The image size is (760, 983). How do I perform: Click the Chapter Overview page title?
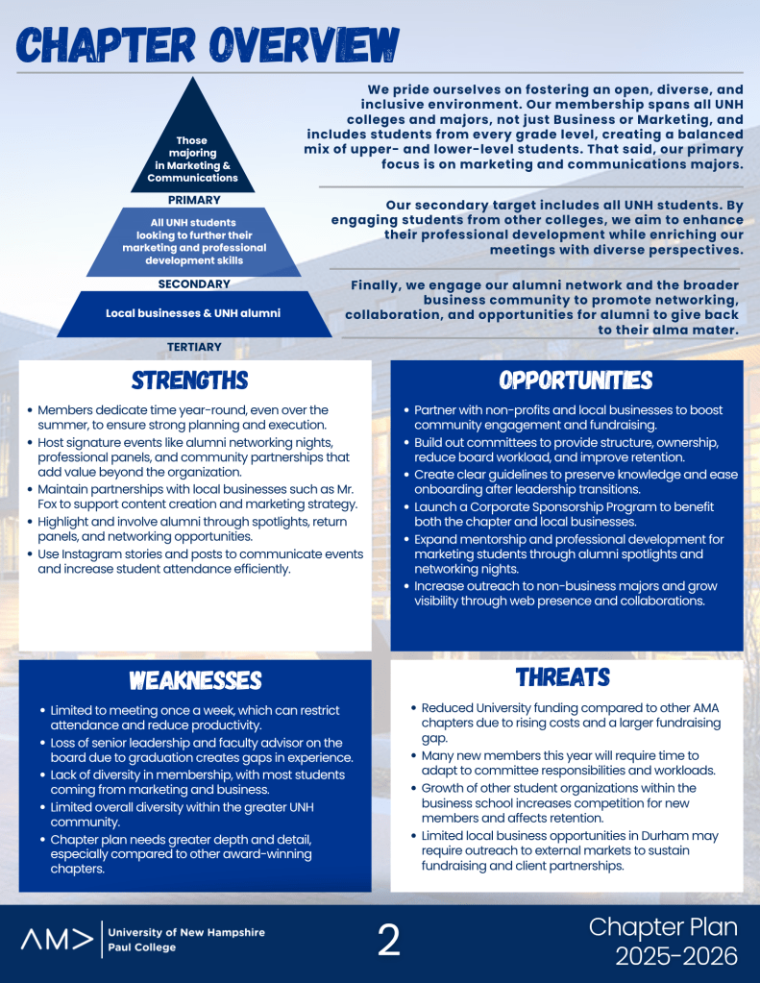[x=207, y=46]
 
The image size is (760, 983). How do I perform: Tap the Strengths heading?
[x=189, y=381]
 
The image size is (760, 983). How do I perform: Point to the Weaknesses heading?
[x=195, y=680]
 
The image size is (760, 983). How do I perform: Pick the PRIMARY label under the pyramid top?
[x=194, y=201]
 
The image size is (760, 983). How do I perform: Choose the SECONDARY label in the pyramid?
[x=194, y=284]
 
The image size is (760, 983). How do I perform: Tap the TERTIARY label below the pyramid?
[x=194, y=347]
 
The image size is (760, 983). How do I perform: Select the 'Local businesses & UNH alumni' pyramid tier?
[x=193, y=313]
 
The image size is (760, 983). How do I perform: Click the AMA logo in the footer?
[x=58, y=940]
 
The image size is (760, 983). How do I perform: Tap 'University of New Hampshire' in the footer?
[x=186, y=932]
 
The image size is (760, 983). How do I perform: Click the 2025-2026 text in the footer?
[x=676, y=956]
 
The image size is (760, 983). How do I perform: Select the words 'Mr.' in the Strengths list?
[x=344, y=488]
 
